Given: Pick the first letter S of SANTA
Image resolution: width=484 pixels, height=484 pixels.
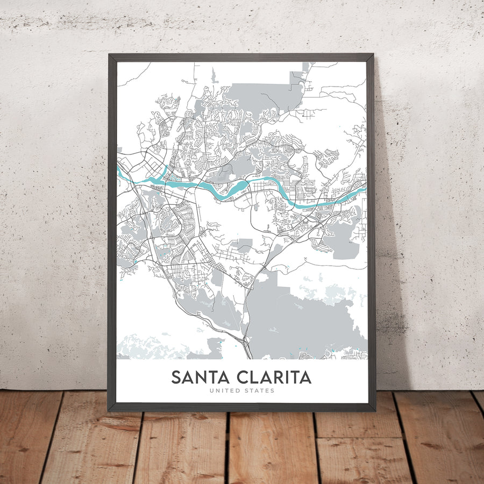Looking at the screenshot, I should pos(176,377).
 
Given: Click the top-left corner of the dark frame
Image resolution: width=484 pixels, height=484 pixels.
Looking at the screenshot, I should pos(109,54).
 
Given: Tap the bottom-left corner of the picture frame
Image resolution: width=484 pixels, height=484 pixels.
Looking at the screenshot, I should pos(109,411).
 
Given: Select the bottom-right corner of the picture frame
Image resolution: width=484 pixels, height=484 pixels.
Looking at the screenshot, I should pos(374,411).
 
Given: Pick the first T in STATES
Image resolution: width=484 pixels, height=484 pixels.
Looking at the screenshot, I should pos(253,390).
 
